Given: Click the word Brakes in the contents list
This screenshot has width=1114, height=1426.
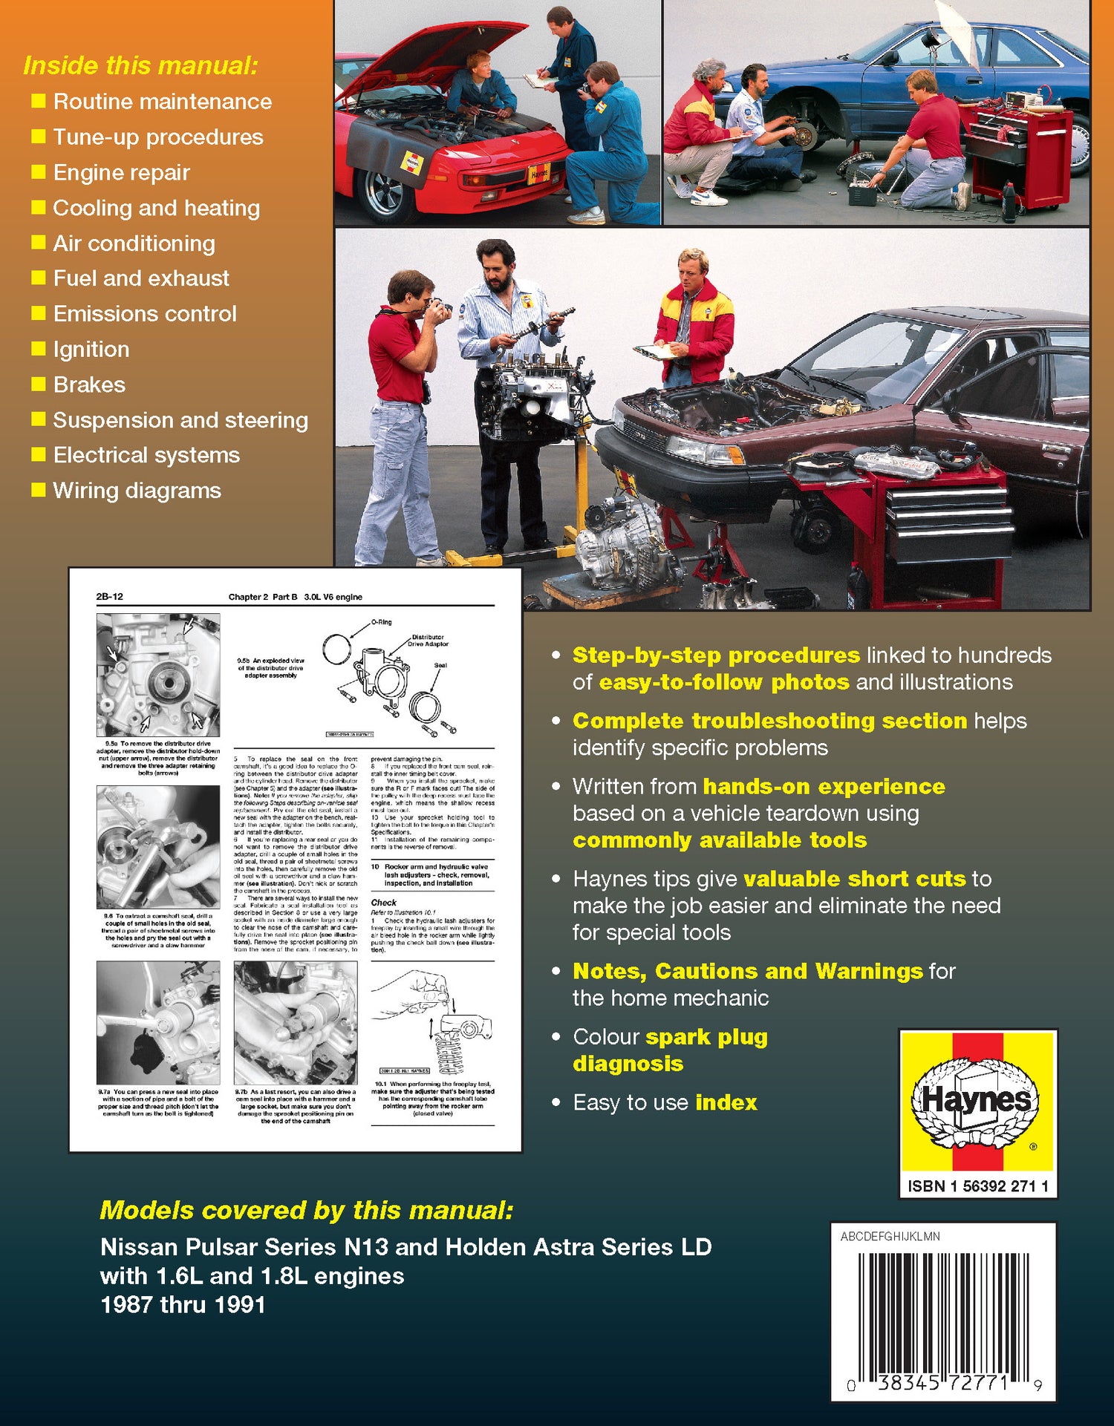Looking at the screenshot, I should point(89,385).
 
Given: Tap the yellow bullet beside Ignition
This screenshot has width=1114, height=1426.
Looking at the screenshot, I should point(39,348).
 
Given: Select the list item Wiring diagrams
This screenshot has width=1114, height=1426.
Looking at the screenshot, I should point(137,491).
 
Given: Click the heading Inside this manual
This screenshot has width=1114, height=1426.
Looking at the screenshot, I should point(140,65).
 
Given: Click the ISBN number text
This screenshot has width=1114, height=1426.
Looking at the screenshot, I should point(977,1186).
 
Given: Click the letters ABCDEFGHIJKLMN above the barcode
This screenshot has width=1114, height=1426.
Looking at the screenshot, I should point(890,1237).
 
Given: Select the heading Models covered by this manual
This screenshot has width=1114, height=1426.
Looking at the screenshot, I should point(306,1211).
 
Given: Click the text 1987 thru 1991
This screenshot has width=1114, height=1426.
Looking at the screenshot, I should point(183,1305).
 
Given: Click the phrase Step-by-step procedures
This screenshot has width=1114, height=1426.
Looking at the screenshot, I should point(716,655).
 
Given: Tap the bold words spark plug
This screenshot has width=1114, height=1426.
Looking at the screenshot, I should point(706,1037).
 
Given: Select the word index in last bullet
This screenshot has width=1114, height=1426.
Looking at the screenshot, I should point(726,1102).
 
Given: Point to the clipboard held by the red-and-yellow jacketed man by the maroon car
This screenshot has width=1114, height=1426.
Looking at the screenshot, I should point(657,351).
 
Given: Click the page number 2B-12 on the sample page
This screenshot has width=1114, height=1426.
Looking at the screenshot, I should point(109,597).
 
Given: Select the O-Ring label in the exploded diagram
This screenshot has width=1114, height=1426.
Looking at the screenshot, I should point(381,622).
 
